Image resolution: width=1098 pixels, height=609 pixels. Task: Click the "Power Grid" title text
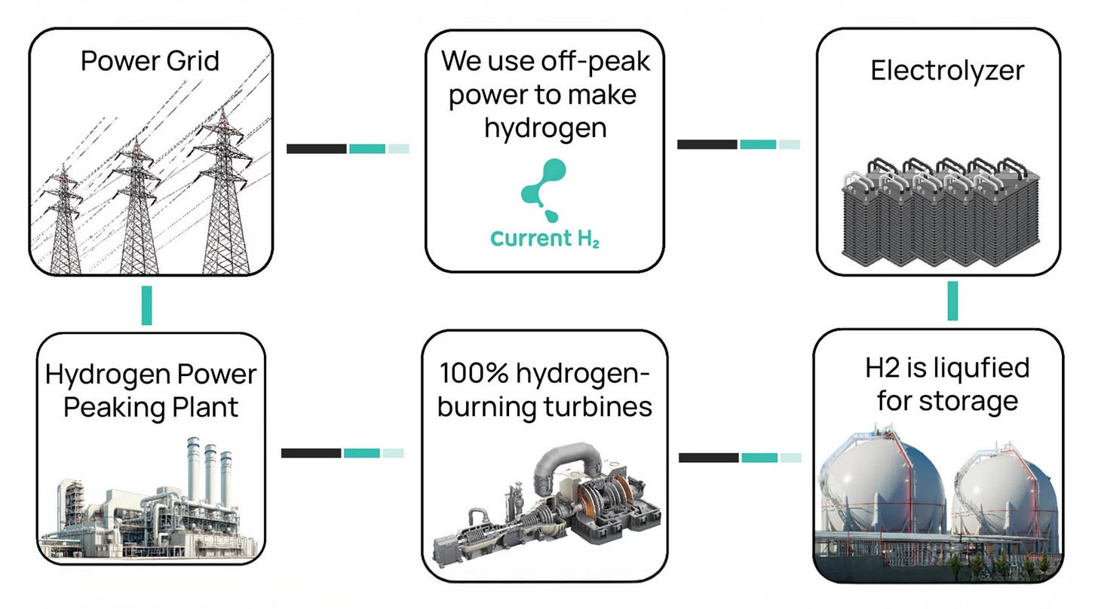click(150, 60)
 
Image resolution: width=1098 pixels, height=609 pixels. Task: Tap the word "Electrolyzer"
click(947, 70)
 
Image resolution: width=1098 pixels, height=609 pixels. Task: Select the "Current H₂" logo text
click(544, 239)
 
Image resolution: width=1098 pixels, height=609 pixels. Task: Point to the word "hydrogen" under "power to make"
click(545, 127)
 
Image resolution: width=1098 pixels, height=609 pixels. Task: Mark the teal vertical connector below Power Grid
click(146, 305)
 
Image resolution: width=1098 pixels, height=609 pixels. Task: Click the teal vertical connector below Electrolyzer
click(952, 301)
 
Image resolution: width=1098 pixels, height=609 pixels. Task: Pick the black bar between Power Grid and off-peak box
click(316, 148)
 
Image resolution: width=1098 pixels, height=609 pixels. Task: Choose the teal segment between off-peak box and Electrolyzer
click(757, 144)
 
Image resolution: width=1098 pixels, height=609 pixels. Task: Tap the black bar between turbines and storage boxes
click(708, 458)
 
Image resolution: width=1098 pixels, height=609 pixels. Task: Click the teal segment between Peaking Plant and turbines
click(362, 453)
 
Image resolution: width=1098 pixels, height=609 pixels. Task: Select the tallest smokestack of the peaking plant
click(192, 471)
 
